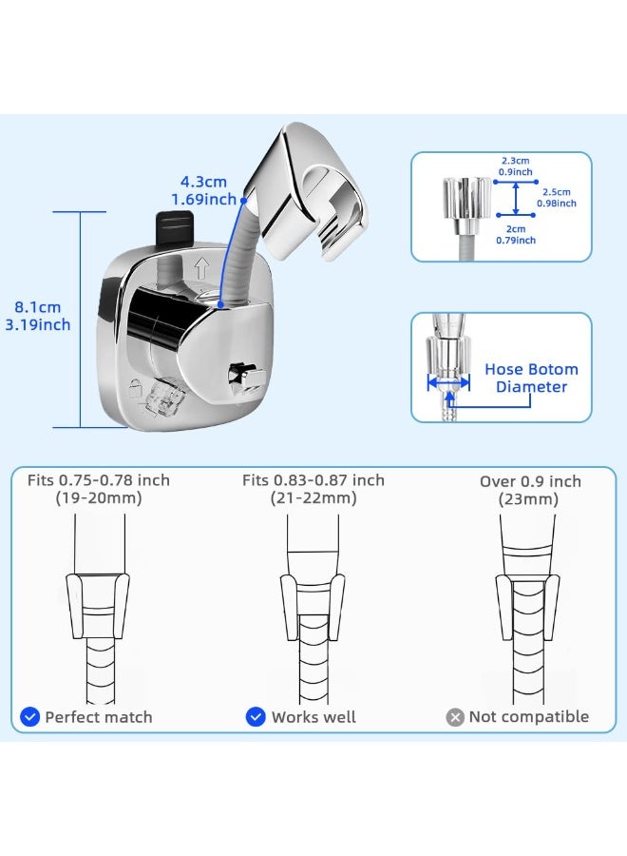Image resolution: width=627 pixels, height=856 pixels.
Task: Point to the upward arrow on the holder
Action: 201,268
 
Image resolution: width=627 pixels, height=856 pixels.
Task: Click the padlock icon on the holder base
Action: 135,389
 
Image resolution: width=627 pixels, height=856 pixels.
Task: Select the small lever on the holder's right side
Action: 246,379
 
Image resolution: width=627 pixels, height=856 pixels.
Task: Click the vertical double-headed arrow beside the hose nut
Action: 516,198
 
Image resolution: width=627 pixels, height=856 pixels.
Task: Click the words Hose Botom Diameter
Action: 532,378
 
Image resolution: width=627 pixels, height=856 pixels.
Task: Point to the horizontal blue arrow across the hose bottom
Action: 448,382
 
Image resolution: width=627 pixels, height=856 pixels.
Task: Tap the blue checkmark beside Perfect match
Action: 30,717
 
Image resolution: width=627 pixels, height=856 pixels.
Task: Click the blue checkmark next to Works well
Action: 256,717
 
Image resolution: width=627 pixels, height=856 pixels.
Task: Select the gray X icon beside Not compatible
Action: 455,717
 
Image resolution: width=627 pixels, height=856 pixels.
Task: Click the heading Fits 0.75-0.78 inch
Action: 99,480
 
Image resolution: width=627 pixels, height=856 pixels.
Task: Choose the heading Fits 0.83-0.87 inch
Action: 313,480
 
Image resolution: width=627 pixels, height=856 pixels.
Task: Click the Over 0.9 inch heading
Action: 530,481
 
